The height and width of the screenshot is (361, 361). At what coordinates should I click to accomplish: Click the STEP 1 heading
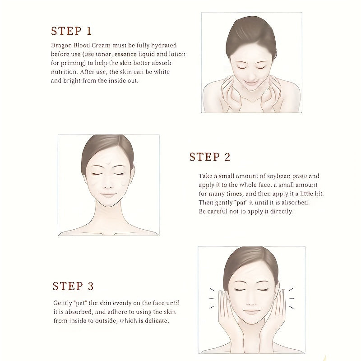click(71, 31)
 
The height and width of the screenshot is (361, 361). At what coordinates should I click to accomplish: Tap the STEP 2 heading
click(210, 157)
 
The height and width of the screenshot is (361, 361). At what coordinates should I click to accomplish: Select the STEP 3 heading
click(73, 286)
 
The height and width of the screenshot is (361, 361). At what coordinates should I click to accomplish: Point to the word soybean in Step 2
click(279, 176)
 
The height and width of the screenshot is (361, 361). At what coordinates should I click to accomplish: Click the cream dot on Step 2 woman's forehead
click(108, 163)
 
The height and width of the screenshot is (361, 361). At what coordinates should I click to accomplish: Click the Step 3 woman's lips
click(251, 312)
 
